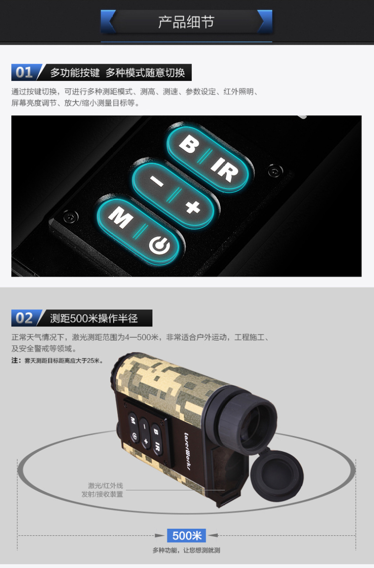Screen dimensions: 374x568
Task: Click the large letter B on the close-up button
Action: pyautogui.click(x=189, y=144)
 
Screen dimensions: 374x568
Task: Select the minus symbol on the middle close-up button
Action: pyautogui.click(x=157, y=181)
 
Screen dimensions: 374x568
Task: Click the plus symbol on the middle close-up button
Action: pyautogui.click(x=193, y=207)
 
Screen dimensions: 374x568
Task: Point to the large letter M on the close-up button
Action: pyautogui.click(x=121, y=217)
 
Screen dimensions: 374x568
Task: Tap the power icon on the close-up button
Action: pyautogui.click(x=159, y=245)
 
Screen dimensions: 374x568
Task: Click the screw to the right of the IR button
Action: pyautogui.click(x=275, y=171)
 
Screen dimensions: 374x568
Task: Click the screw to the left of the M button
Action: pyautogui.click(x=70, y=216)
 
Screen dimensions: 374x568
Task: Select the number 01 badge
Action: pyautogui.click(x=24, y=72)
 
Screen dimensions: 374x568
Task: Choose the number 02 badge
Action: pyautogui.click(x=24, y=318)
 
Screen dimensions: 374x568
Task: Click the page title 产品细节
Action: pyautogui.click(x=187, y=22)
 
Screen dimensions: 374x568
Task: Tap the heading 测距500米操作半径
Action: pyautogui.click(x=94, y=318)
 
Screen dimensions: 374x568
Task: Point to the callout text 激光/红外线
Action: pyautogui.click(x=106, y=486)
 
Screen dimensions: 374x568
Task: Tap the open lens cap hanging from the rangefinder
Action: pyautogui.click(x=277, y=475)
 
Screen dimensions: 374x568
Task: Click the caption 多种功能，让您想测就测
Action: pyautogui.click(x=187, y=550)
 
